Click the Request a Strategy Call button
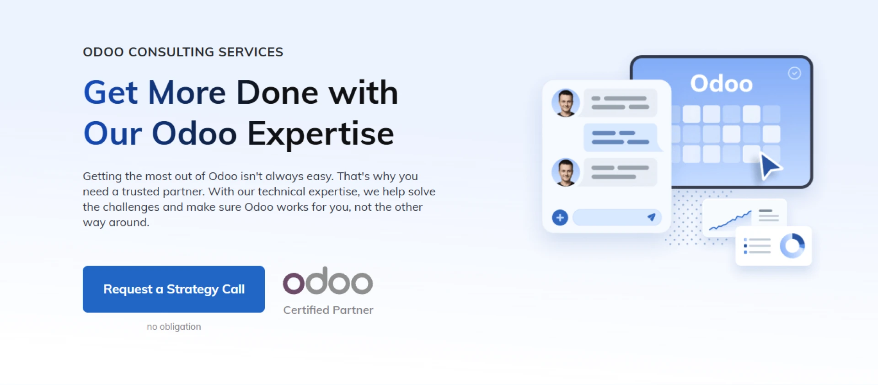(x=173, y=289)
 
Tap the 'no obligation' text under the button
(x=174, y=326)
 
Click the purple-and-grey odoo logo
(x=327, y=281)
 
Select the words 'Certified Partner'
(x=328, y=310)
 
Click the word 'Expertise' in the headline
(x=320, y=134)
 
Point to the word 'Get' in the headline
(x=110, y=93)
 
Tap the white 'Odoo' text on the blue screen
(x=721, y=84)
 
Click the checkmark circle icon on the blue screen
(x=794, y=73)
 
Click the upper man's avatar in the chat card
(x=566, y=103)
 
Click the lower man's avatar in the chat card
(x=566, y=172)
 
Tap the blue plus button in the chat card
(x=560, y=218)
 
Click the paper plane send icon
(x=652, y=217)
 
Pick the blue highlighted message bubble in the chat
(x=621, y=137)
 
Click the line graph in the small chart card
(x=730, y=221)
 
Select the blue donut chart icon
(x=792, y=246)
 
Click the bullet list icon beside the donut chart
(x=757, y=246)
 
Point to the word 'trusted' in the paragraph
(x=140, y=192)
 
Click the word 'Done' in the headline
(x=277, y=93)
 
